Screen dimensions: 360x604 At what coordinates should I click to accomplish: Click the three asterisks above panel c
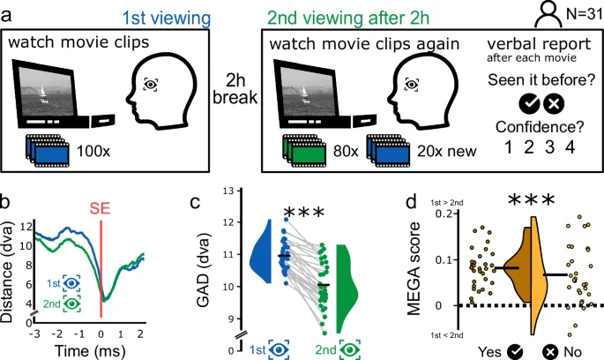point(305,213)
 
